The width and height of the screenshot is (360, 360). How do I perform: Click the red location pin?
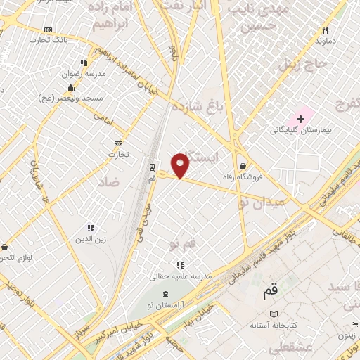pyautogui.click(x=181, y=165)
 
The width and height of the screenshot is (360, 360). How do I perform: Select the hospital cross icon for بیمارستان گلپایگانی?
pyautogui.click(x=301, y=119)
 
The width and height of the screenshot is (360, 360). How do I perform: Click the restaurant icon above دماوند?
pyautogui.click(x=325, y=30)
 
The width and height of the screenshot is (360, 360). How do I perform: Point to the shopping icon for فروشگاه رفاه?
pyautogui.click(x=243, y=166)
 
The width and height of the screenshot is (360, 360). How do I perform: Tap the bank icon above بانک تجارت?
pyautogui.click(x=48, y=30)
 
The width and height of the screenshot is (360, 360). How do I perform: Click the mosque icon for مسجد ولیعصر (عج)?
pyautogui.click(x=70, y=88)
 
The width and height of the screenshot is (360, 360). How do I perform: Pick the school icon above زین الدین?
pyautogui.click(x=90, y=228)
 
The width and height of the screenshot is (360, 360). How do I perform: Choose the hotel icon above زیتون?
pyautogui.click(x=354, y=324)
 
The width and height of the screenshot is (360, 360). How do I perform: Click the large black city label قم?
pyautogui.click(x=269, y=288)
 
